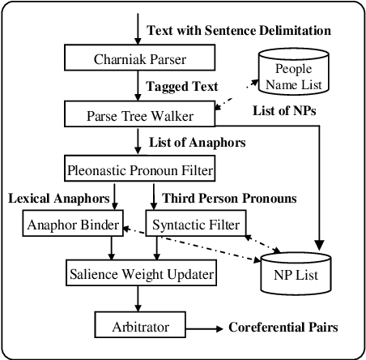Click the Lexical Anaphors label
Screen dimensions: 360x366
coord(59,198)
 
